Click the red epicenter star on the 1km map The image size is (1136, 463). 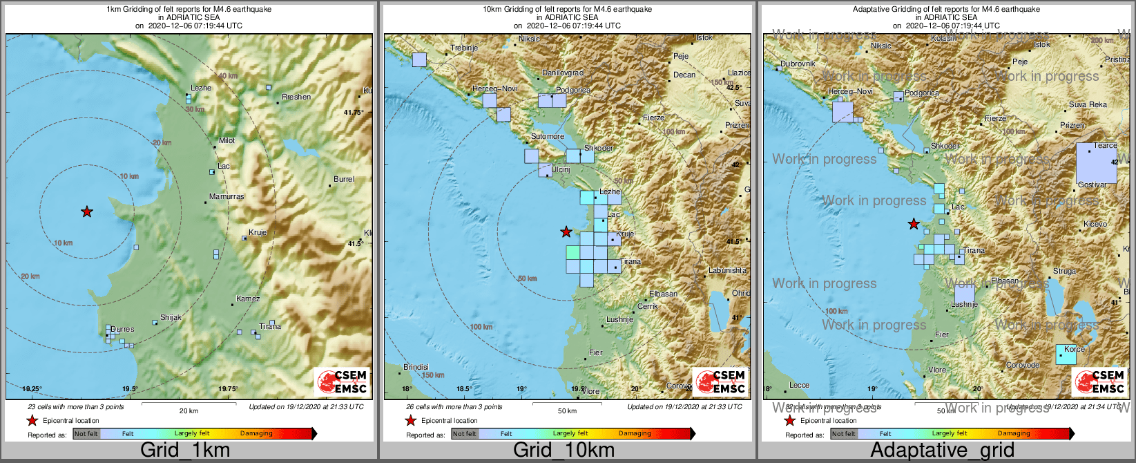pyautogui.click(x=86, y=211)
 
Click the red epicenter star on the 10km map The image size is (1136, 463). pyautogui.click(x=566, y=231)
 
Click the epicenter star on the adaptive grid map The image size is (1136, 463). pyautogui.click(x=914, y=223)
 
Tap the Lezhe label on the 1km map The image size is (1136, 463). pyautogui.click(x=201, y=88)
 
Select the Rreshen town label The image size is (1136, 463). pyautogui.click(x=296, y=97)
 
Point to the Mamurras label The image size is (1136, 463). pyautogui.click(x=227, y=196)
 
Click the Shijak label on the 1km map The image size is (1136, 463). pyautogui.click(x=171, y=317)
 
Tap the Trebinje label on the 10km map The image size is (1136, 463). pyautogui.click(x=464, y=48)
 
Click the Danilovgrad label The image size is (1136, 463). pyautogui.click(x=563, y=73)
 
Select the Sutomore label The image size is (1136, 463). pyautogui.click(x=548, y=136)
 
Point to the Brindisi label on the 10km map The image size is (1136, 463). pyautogui.click(x=416, y=367)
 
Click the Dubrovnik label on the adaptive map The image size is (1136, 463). pyautogui.click(x=798, y=64)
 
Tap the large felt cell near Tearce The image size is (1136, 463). pyautogui.click(x=1096, y=163)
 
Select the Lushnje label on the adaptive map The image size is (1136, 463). pyautogui.click(x=965, y=304)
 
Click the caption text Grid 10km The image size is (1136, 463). pyautogui.click(x=564, y=450)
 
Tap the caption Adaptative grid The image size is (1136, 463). pyautogui.click(x=942, y=450)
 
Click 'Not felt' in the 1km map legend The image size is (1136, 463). pyautogui.click(x=86, y=433)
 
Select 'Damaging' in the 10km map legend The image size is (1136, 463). pyautogui.click(x=635, y=433)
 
